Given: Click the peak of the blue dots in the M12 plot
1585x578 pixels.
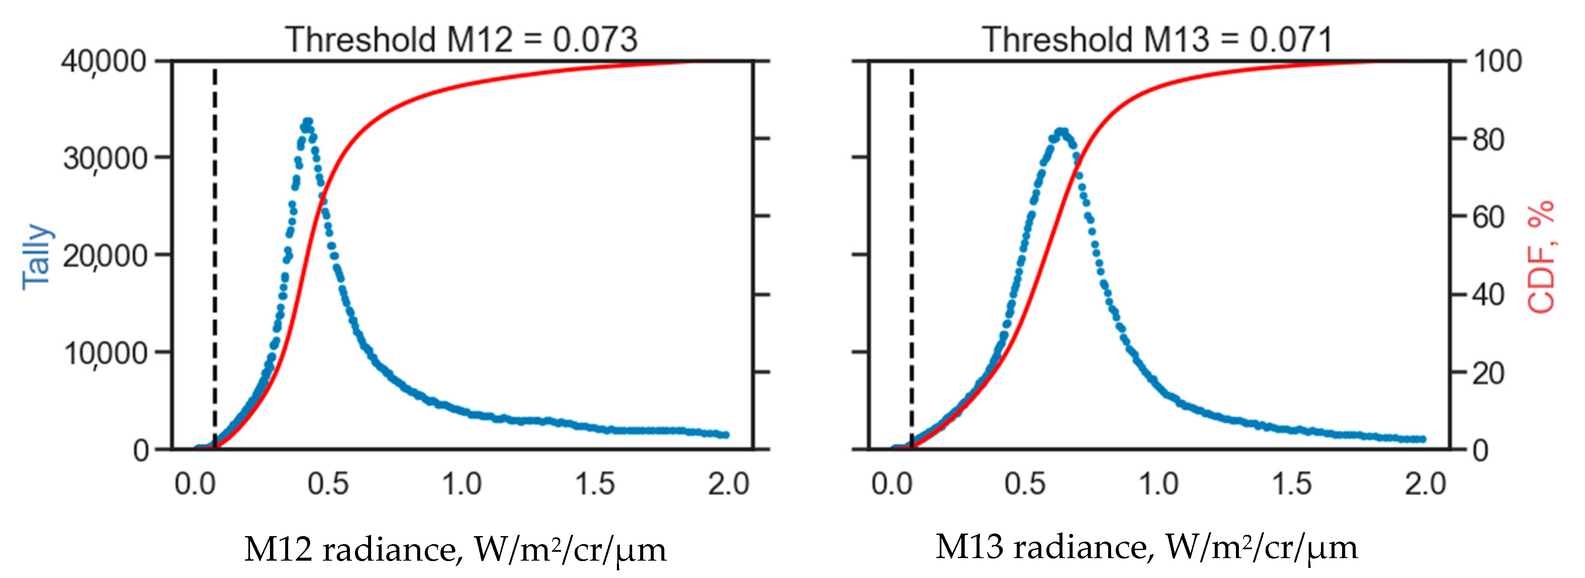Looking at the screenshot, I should (x=308, y=122).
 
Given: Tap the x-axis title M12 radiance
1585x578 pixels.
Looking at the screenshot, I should (x=455, y=548).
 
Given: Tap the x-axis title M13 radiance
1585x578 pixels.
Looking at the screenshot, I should (x=1146, y=547).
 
